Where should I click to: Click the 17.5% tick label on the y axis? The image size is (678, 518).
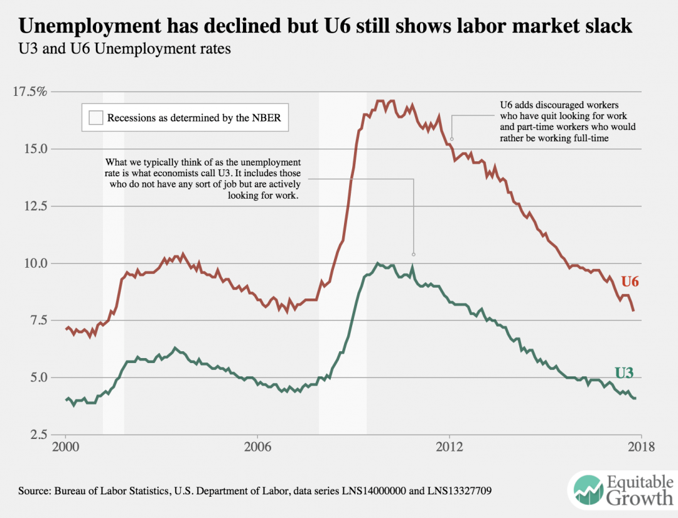(x=30, y=92)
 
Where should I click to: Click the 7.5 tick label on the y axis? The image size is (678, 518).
(x=36, y=320)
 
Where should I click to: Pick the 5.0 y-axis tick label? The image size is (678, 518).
(x=36, y=377)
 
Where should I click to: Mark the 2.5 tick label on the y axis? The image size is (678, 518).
(x=36, y=434)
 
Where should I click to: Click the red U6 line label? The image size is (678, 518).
(x=630, y=282)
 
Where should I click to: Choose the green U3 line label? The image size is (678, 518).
(x=623, y=373)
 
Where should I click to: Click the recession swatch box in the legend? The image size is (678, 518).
(x=95, y=117)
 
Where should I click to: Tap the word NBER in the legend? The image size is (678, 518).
(x=266, y=117)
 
